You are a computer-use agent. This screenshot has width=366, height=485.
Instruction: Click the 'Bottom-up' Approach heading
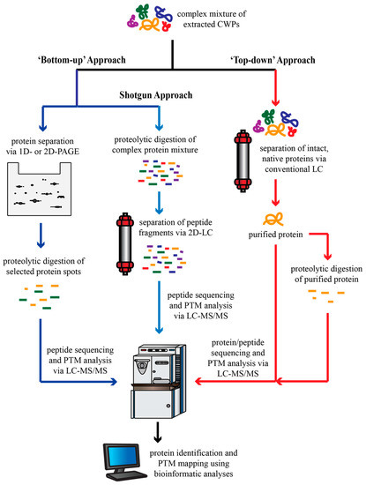tap(82, 60)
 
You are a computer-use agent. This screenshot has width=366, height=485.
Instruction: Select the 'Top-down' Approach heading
tap(273, 60)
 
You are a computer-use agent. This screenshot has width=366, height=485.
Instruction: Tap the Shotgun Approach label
tap(156, 95)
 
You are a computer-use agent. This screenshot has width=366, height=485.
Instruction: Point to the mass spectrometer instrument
tap(158, 381)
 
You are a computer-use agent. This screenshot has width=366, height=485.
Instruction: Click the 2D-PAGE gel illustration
tap(40, 190)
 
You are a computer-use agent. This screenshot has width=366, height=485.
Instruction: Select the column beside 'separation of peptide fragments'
tap(125, 243)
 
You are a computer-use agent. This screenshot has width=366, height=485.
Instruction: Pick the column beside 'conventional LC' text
tap(243, 160)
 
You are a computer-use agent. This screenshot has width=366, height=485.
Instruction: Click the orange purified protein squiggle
tap(273, 219)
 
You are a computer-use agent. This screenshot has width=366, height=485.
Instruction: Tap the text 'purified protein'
tap(276, 235)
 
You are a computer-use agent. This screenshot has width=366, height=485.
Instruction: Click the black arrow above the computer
tap(158, 431)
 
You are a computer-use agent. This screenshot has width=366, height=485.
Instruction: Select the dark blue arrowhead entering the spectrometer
tap(113, 382)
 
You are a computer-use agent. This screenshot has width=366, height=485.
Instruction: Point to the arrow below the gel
tap(41, 235)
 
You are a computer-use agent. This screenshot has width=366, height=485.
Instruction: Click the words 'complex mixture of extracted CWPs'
tap(212, 19)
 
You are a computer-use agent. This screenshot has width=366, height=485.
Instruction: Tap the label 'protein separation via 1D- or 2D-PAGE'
tap(42, 146)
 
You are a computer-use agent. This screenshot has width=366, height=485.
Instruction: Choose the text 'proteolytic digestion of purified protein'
tap(326, 273)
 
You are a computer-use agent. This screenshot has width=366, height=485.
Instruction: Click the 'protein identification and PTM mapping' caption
tap(194, 463)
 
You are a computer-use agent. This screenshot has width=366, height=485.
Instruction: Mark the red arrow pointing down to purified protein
tap(275, 192)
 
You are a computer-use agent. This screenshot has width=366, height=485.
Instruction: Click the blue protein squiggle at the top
tap(163, 13)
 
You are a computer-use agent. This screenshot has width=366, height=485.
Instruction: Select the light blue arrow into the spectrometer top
tap(159, 307)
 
